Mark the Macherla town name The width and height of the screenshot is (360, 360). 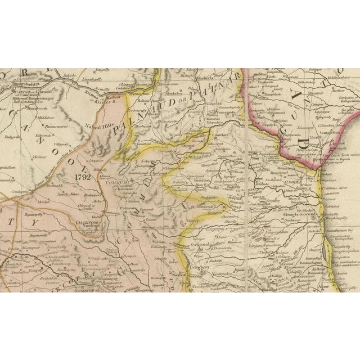pyautogui.click(x=204, y=79)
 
